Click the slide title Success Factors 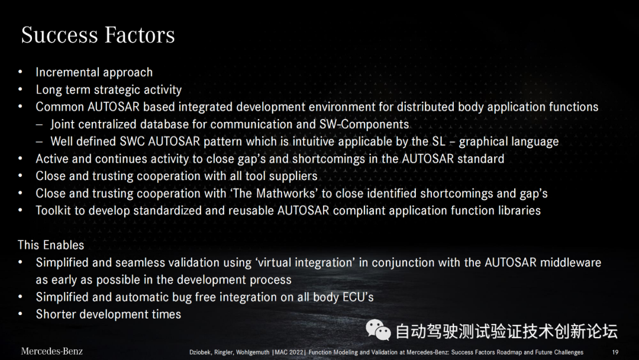98,35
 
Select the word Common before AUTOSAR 60,107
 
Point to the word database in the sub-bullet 182,124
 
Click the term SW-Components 364,124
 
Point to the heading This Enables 51,245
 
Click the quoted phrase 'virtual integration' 305,262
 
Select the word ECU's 358,297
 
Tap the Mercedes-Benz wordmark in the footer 51,351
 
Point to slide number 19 615,352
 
